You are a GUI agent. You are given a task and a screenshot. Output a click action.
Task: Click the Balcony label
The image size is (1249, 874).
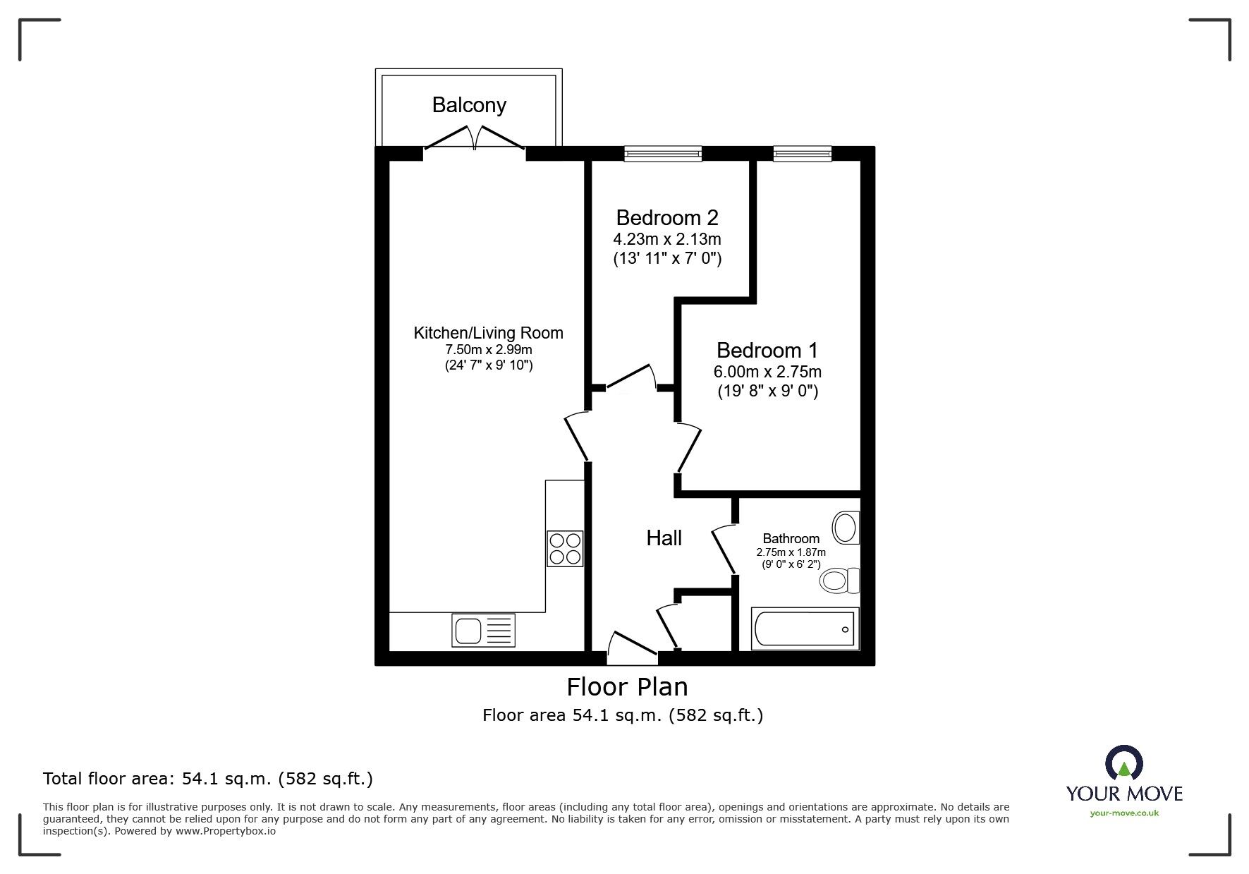[x=469, y=105]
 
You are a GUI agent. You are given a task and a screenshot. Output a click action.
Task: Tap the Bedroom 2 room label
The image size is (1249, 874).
[x=667, y=217]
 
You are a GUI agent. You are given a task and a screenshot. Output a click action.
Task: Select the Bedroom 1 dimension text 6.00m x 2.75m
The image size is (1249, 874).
[x=768, y=371]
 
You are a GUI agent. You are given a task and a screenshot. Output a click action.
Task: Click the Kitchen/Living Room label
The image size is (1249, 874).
[x=488, y=333]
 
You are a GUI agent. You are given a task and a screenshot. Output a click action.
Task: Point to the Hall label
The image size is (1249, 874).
[x=664, y=538]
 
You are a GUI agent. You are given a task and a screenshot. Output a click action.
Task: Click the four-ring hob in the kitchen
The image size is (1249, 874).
[x=565, y=549]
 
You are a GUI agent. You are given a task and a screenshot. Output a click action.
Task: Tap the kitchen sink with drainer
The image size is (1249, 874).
[x=483, y=630]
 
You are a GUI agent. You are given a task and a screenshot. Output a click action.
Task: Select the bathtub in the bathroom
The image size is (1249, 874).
[x=805, y=628]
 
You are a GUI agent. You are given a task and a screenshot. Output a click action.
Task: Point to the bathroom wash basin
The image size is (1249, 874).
[x=846, y=528]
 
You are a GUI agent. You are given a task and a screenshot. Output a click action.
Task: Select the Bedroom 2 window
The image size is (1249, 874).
[x=663, y=153]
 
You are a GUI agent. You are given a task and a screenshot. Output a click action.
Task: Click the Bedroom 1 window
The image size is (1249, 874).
[x=802, y=153]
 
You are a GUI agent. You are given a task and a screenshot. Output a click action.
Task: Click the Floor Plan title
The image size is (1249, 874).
[x=628, y=686]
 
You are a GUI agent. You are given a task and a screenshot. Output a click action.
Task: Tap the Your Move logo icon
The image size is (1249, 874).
[x=1123, y=763]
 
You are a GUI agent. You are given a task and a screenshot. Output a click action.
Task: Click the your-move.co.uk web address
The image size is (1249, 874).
[x=1124, y=813]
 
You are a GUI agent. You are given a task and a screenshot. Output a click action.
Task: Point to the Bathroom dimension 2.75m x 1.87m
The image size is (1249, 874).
[x=791, y=552]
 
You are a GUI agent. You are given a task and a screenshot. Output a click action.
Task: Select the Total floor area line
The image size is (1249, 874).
[x=208, y=779]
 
